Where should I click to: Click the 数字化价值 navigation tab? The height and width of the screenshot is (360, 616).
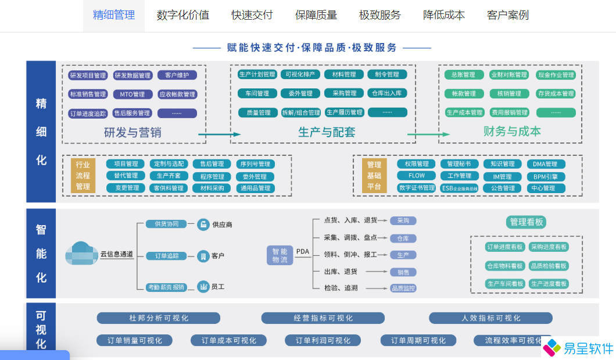[182, 15]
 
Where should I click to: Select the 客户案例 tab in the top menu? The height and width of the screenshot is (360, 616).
[507, 15]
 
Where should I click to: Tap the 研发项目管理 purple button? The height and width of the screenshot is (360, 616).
[88, 75]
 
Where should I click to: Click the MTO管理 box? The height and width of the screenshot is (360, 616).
[132, 94]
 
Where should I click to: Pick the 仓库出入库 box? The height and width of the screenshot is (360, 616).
[387, 93]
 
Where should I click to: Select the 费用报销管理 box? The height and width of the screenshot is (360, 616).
[510, 112]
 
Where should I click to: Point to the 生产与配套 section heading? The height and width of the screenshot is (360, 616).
[327, 132]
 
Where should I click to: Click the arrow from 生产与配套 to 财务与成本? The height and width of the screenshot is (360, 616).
[428, 135]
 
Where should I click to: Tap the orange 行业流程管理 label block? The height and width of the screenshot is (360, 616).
[83, 176]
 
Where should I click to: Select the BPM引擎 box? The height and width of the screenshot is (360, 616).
[545, 176]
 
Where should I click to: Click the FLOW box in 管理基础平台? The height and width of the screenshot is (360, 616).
[417, 176]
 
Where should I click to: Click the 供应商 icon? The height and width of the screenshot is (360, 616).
[203, 224]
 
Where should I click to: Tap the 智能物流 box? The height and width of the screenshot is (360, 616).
[280, 255]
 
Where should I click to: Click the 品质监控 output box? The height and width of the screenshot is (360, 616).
[403, 288]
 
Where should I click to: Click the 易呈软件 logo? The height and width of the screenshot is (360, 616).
[578, 348]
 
